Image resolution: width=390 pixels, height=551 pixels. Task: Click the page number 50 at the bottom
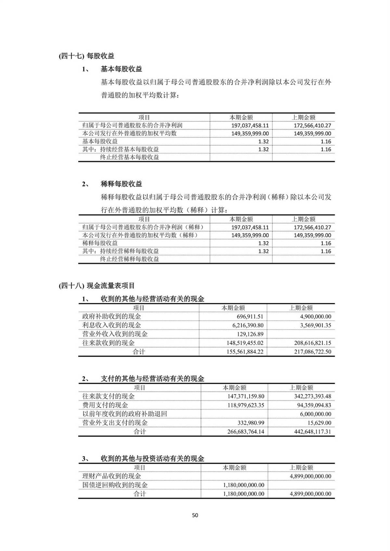click(195, 515)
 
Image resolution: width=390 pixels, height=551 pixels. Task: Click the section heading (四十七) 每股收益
click(86, 56)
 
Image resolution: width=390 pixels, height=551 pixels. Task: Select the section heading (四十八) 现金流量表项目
click(97, 286)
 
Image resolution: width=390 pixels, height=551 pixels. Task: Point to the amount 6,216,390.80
click(243, 325)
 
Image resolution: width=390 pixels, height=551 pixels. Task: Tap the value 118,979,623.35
click(243, 405)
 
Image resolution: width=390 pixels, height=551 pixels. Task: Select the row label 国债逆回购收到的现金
click(115, 485)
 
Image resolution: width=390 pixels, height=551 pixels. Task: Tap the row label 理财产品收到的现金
click(111, 476)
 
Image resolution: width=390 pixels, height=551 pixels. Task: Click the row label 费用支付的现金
click(105, 405)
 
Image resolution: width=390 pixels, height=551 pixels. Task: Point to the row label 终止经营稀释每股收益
click(129, 259)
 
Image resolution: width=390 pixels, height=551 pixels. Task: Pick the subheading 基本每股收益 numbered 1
click(121, 69)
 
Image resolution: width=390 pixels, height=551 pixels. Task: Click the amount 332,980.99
click(250, 423)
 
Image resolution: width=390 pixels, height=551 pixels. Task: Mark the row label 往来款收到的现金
click(108, 343)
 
